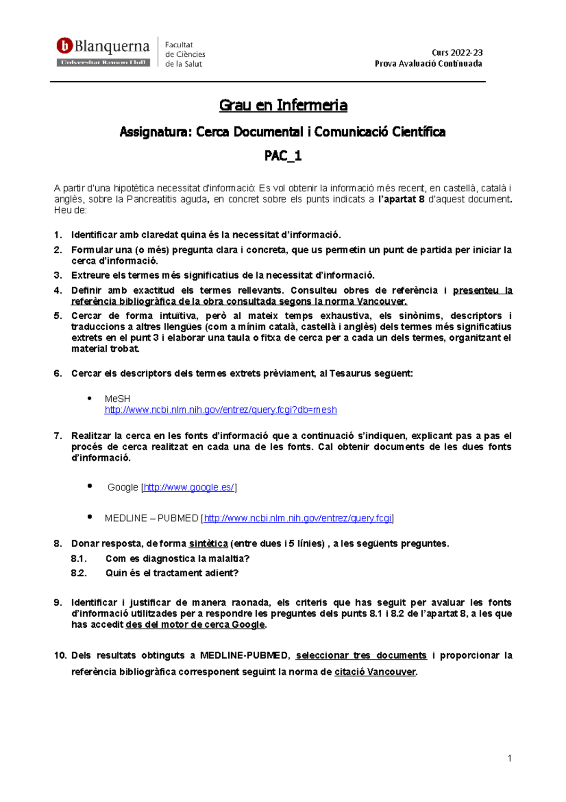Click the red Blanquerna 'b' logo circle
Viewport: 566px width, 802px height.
[64, 46]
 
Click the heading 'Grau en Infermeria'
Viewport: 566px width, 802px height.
[283, 105]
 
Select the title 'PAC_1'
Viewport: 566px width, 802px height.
[283, 156]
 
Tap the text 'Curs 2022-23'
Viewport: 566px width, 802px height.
[457, 52]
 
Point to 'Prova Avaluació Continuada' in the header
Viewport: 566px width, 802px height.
[428, 64]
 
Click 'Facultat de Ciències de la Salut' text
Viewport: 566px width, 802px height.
[184, 54]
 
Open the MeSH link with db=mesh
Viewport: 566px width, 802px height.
[220, 410]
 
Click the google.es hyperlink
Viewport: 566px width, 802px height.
[189, 487]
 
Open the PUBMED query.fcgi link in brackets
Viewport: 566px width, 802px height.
[298, 518]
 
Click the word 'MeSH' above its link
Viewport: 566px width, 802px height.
[117, 399]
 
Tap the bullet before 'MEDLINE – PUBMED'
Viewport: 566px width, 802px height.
[90, 517]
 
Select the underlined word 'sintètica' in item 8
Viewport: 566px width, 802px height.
[208, 544]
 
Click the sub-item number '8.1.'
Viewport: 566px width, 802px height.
[79, 559]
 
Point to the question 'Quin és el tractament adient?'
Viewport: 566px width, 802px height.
[172, 573]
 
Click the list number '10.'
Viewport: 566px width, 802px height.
[60, 656]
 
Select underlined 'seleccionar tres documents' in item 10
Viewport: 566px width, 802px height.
[361, 656]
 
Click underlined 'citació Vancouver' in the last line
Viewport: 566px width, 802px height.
[375, 672]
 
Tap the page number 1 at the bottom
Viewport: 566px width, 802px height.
[509, 759]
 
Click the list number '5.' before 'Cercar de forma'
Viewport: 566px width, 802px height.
[58, 316]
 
